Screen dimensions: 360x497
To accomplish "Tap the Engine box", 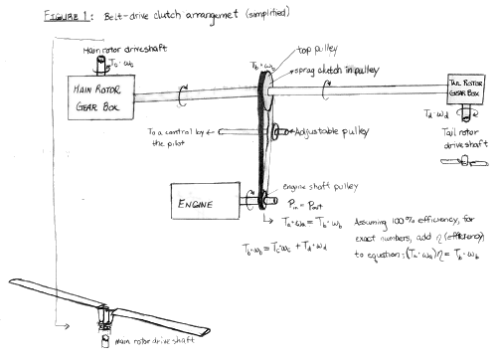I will coord(203,198).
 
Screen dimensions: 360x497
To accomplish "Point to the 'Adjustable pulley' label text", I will coord(324,130).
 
